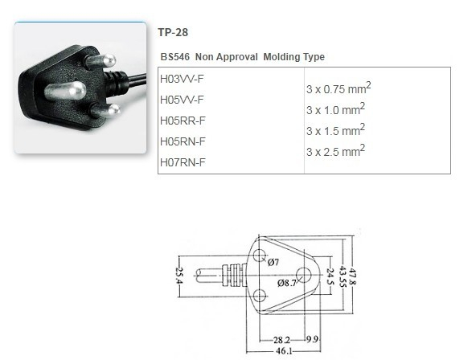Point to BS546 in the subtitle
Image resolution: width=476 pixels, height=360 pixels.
(174, 57)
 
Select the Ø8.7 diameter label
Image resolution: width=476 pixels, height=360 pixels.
(287, 283)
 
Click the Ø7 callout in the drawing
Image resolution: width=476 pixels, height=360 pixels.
(273, 263)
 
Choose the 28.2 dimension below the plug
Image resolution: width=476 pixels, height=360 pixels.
(280, 339)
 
